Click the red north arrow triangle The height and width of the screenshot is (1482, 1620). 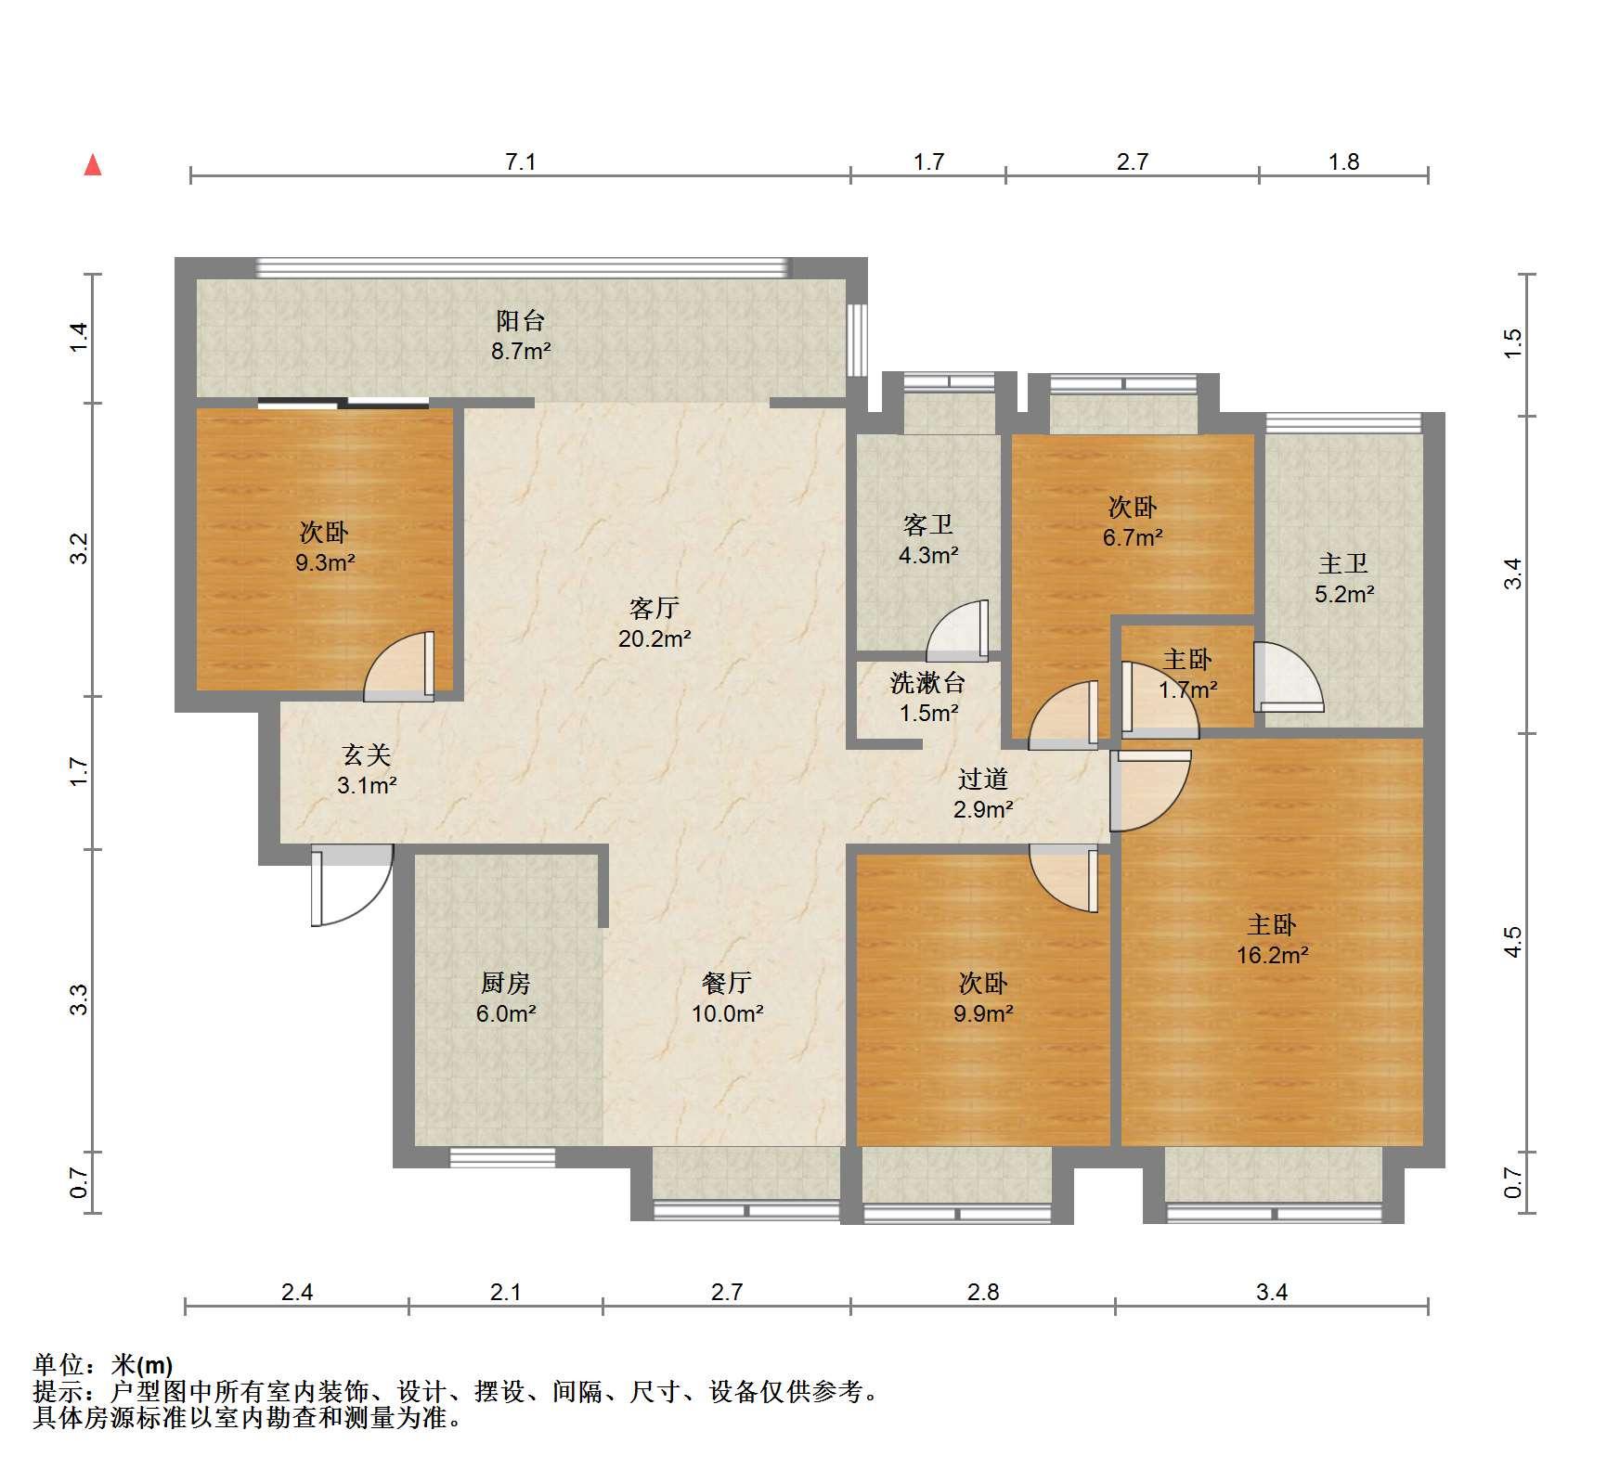coord(93,165)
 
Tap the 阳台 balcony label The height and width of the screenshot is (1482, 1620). coord(520,321)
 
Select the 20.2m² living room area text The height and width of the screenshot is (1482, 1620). coord(654,638)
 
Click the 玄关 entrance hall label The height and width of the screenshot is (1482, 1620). coord(367,755)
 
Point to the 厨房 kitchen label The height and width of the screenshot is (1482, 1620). coord(506,983)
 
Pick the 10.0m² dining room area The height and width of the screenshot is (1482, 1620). coord(727,1013)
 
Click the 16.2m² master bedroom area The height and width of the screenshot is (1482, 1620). coord(1272,955)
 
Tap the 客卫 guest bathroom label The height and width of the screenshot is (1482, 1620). coord(928,525)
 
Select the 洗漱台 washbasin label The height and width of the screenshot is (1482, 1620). coord(928,683)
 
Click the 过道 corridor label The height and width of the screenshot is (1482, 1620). coord(983,780)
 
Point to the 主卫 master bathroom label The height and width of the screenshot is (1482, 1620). coord(1343,563)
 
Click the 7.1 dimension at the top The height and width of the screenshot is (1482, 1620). coord(521,162)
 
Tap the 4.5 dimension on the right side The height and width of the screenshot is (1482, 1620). coord(1513,942)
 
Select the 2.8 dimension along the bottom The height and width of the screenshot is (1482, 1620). coord(983,1292)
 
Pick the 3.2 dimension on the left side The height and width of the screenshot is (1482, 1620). coord(80,548)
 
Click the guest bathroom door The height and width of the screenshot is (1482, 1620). coord(957,630)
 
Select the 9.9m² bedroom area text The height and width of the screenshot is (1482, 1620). coord(983,1013)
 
